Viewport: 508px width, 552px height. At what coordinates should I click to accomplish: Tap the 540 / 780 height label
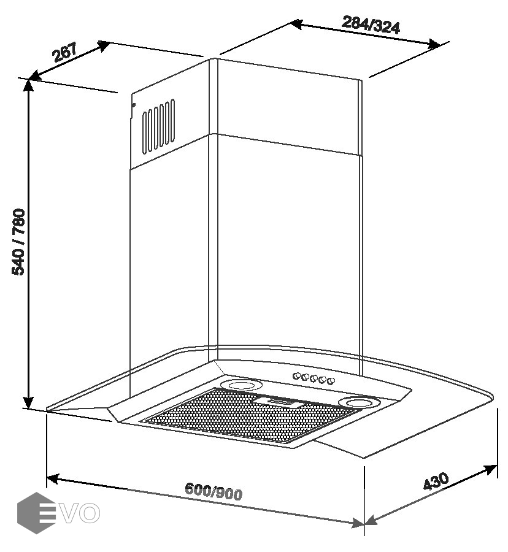pyautogui.click(x=19, y=242)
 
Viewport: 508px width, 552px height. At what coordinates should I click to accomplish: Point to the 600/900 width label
pyautogui.click(x=214, y=491)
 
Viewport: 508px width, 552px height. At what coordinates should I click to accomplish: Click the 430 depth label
pyautogui.click(x=436, y=481)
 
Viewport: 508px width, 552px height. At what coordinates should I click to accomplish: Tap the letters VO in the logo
pyautogui.click(x=82, y=513)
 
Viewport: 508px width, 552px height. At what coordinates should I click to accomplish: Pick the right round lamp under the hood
pyautogui.click(x=358, y=402)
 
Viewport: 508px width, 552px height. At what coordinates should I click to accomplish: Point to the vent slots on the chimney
pyautogui.click(x=159, y=126)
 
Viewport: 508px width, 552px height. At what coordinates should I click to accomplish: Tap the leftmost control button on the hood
pyautogui.click(x=296, y=375)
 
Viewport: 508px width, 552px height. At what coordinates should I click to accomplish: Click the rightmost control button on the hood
pyautogui.click(x=331, y=381)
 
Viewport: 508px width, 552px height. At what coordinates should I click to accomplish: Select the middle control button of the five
pyautogui.click(x=314, y=378)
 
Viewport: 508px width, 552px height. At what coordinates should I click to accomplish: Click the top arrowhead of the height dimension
pyautogui.click(x=29, y=85)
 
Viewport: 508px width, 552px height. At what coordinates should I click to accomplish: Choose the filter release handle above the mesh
pyautogui.click(x=283, y=402)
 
